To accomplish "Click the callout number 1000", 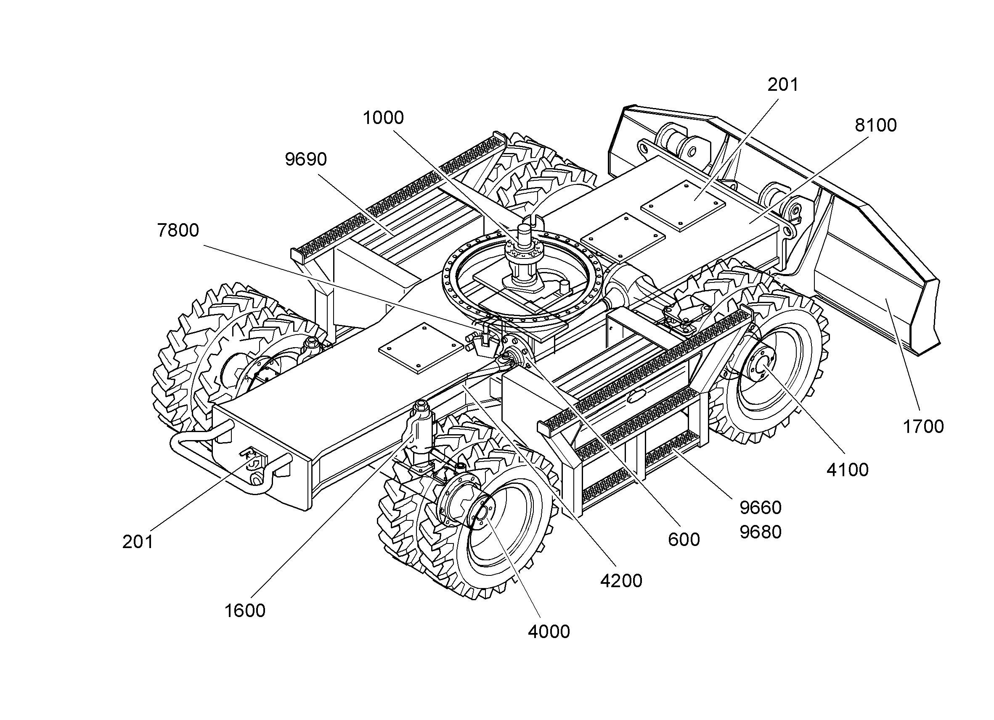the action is pos(383,118).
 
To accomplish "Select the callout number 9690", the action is pos(306,159).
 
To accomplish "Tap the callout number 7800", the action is pos(178,230).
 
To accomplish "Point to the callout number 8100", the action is pos(876,126).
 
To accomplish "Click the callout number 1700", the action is pos(923,427).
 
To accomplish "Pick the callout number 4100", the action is pos(848,470).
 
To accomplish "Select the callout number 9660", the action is pos(761,508).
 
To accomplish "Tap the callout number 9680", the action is pos(761,532).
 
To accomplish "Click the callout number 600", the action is pos(684,540).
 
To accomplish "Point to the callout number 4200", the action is pos(621,581).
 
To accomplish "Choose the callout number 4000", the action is pos(549,632).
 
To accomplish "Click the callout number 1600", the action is pos(245,611).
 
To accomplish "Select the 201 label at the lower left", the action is pos(138,542).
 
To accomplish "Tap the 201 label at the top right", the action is pos(783,85).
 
